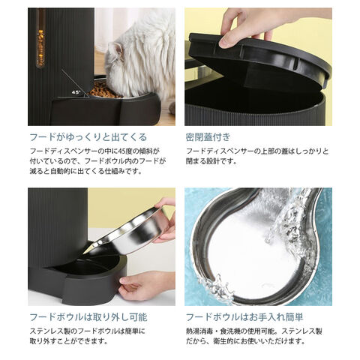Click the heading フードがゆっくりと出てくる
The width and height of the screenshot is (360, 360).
[x=88, y=137]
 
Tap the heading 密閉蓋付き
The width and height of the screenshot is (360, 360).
[x=208, y=137]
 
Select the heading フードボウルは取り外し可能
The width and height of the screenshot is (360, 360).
[x=88, y=317]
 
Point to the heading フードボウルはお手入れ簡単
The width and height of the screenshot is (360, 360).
[x=244, y=317]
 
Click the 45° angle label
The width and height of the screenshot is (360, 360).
[x=76, y=92]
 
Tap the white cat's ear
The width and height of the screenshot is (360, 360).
[x=118, y=49]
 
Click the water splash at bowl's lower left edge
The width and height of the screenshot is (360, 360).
[x=215, y=287]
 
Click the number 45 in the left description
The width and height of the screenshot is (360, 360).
[x=121, y=151]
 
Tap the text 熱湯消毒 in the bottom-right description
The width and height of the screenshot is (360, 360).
[x=199, y=331]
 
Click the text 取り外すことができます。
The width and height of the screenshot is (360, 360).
[x=69, y=341]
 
